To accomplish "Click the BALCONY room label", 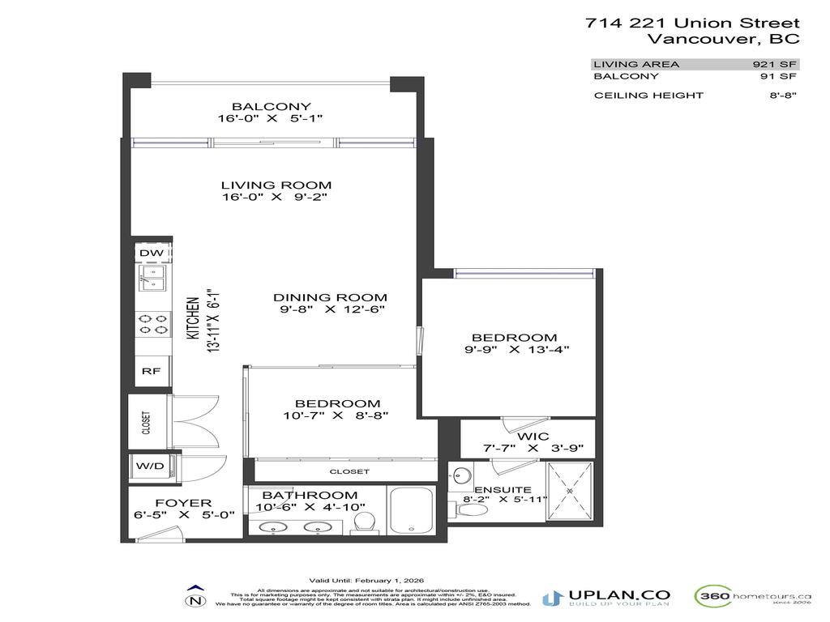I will coord(271,106).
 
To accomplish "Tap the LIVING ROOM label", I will coord(276,185).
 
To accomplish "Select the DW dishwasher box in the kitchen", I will coord(151,253).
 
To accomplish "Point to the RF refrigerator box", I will coord(151,372).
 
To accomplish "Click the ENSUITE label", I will coord(491,489).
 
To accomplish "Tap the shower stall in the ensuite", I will coord(570,492).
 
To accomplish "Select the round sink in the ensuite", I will coord(463,475).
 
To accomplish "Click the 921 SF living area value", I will coord(776,64).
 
